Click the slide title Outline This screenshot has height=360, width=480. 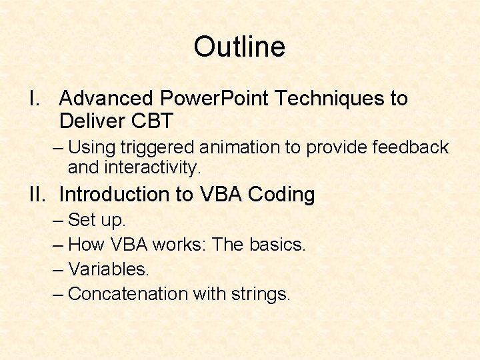[239, 47]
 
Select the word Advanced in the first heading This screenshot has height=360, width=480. [106, 99]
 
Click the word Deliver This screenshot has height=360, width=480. [89, 121]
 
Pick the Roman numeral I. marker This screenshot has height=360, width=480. [35, 99]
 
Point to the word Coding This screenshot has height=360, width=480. [281, 195]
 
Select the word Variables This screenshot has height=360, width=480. [109, 269]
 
